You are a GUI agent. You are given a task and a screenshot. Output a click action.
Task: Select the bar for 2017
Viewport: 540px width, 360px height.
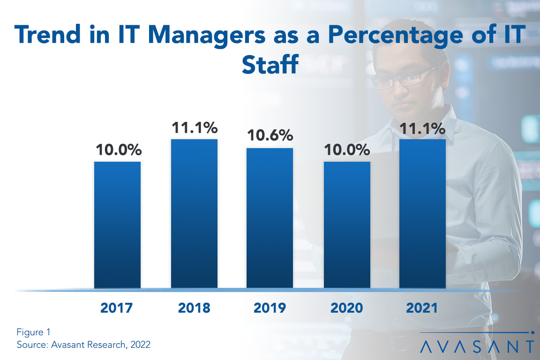tap(117, 225)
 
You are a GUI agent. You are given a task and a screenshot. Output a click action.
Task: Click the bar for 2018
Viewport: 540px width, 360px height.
tap(194, 213)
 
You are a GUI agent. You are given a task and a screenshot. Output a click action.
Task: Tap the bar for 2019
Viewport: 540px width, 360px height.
tap(270, 218)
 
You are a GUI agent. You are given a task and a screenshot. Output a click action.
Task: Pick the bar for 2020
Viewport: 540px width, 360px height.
tap(347, 225)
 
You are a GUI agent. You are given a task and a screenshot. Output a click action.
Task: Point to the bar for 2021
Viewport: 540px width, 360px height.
tap(422, 213)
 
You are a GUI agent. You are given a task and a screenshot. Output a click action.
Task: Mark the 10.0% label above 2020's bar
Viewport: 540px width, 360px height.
tap(347, 150)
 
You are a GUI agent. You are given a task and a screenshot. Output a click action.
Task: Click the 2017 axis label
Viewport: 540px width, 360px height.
tap(117, 308)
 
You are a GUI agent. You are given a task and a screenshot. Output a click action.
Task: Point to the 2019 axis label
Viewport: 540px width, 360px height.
tap(270, 308)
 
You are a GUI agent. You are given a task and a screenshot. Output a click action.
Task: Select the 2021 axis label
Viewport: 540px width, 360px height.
tap(421, 308)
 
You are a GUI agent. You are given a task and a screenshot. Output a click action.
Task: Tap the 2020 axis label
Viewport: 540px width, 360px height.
tap(347, 308)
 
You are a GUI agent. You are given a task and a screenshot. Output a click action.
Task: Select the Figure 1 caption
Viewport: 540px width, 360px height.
tap(33, 332)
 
